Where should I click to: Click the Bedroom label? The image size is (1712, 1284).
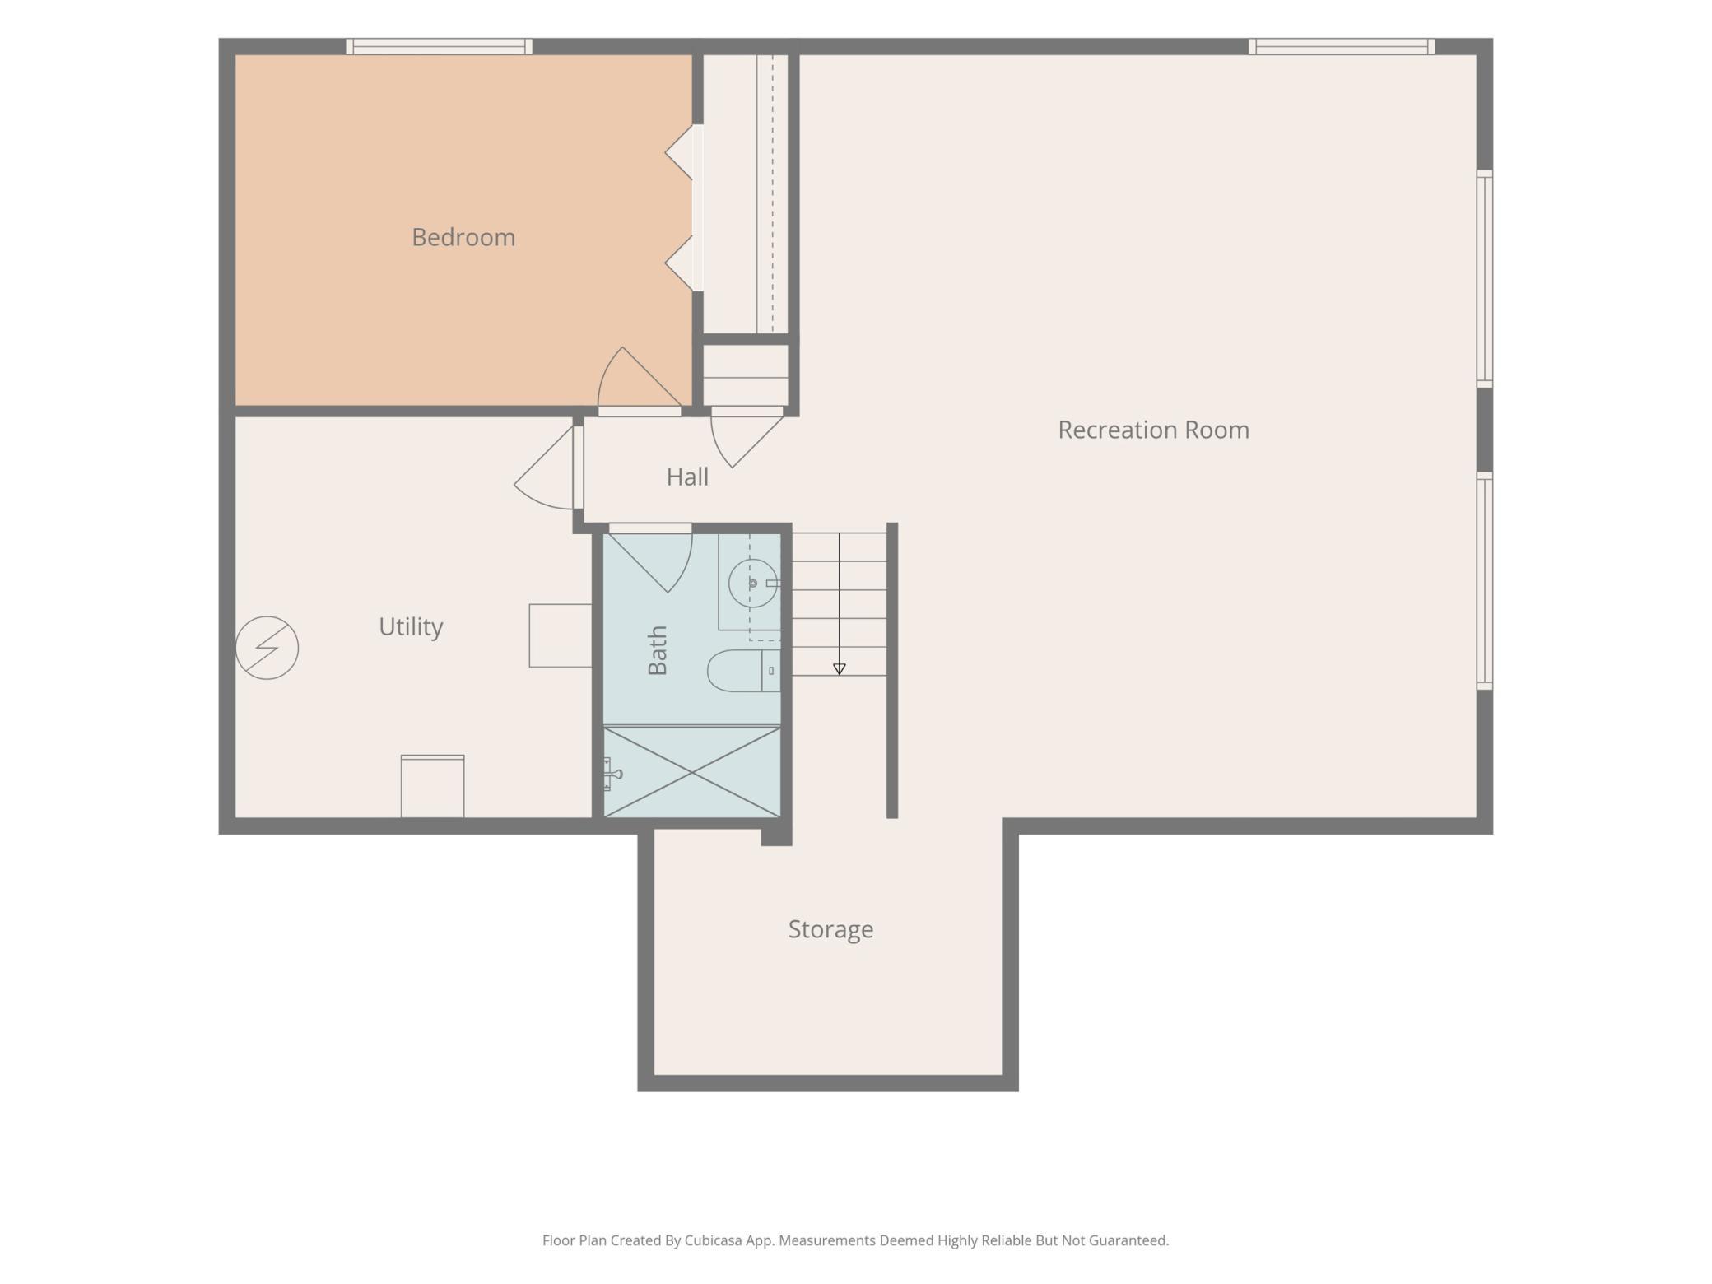click(x=463, y=237)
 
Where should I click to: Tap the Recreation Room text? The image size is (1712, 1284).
click(x=1153, y=430)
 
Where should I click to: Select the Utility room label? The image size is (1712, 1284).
click(x=411, y=627)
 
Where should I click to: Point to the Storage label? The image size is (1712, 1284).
click(x=830, y=929)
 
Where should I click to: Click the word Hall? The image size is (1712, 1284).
click(x=687, y=477)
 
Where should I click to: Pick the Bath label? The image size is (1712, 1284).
click(x=658, y=650)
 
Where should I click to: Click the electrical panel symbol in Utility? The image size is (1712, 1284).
click(x=267, y=648)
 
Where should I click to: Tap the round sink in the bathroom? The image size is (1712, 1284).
click(x=752, y=583)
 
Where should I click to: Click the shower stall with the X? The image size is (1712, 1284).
click(x=692, y=772)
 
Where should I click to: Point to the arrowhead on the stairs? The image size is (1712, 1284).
click(x=840, y=669)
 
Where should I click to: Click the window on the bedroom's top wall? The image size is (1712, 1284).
click(x=439, y=46)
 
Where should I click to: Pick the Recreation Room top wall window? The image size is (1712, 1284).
click(x=1342, y=46)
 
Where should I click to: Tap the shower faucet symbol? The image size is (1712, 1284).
click(x=612, y=774)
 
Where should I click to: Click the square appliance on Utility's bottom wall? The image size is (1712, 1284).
click(x=432, y=786)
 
